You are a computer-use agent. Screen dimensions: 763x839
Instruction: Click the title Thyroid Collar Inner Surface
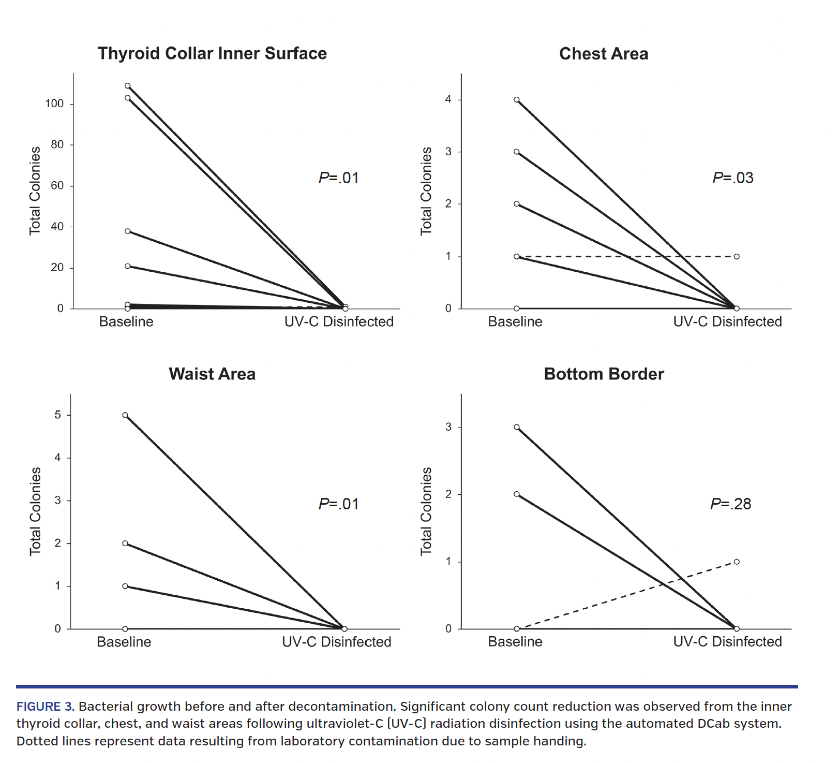tap(212, 53)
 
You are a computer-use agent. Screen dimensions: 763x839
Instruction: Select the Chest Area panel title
tap(603, 54)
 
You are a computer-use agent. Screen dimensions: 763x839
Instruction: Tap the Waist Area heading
tap(212, 374)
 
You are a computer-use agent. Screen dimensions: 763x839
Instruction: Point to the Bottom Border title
tap(604, 374)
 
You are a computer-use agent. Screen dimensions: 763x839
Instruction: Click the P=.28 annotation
tap(730, 504)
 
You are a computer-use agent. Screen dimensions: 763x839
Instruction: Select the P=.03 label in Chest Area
tap(732, 178)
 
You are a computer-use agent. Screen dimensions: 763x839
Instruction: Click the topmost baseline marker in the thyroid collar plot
tap(128, 86)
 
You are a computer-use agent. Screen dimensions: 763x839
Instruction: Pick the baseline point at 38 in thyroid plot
tap(128, 231)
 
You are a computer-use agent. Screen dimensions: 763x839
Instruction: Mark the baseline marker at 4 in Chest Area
tap(517, 100)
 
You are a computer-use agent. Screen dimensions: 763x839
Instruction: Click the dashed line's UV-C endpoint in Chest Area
tap(737, 256)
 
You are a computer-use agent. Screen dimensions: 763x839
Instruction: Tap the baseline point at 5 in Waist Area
tap(125, 415)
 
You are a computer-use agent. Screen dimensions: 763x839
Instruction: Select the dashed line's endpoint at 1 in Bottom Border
tap(737, 562)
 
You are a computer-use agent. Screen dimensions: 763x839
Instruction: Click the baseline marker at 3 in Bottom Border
tap(517, 428)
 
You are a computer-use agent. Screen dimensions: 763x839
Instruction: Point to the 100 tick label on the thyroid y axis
tap(54, 104)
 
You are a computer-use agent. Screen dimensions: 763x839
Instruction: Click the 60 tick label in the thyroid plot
tap(57, 185)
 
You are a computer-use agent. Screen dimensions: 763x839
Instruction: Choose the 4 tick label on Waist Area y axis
tap(57, 458)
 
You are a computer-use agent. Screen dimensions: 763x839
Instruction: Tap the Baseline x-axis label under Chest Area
tap(515, 321)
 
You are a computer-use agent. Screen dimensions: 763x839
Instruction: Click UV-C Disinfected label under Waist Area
tap(336, 642)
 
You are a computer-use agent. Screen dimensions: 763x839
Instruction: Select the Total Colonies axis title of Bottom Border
tap(426, 511)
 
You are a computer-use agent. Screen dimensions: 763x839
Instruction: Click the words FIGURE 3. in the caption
tap(46, 707)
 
